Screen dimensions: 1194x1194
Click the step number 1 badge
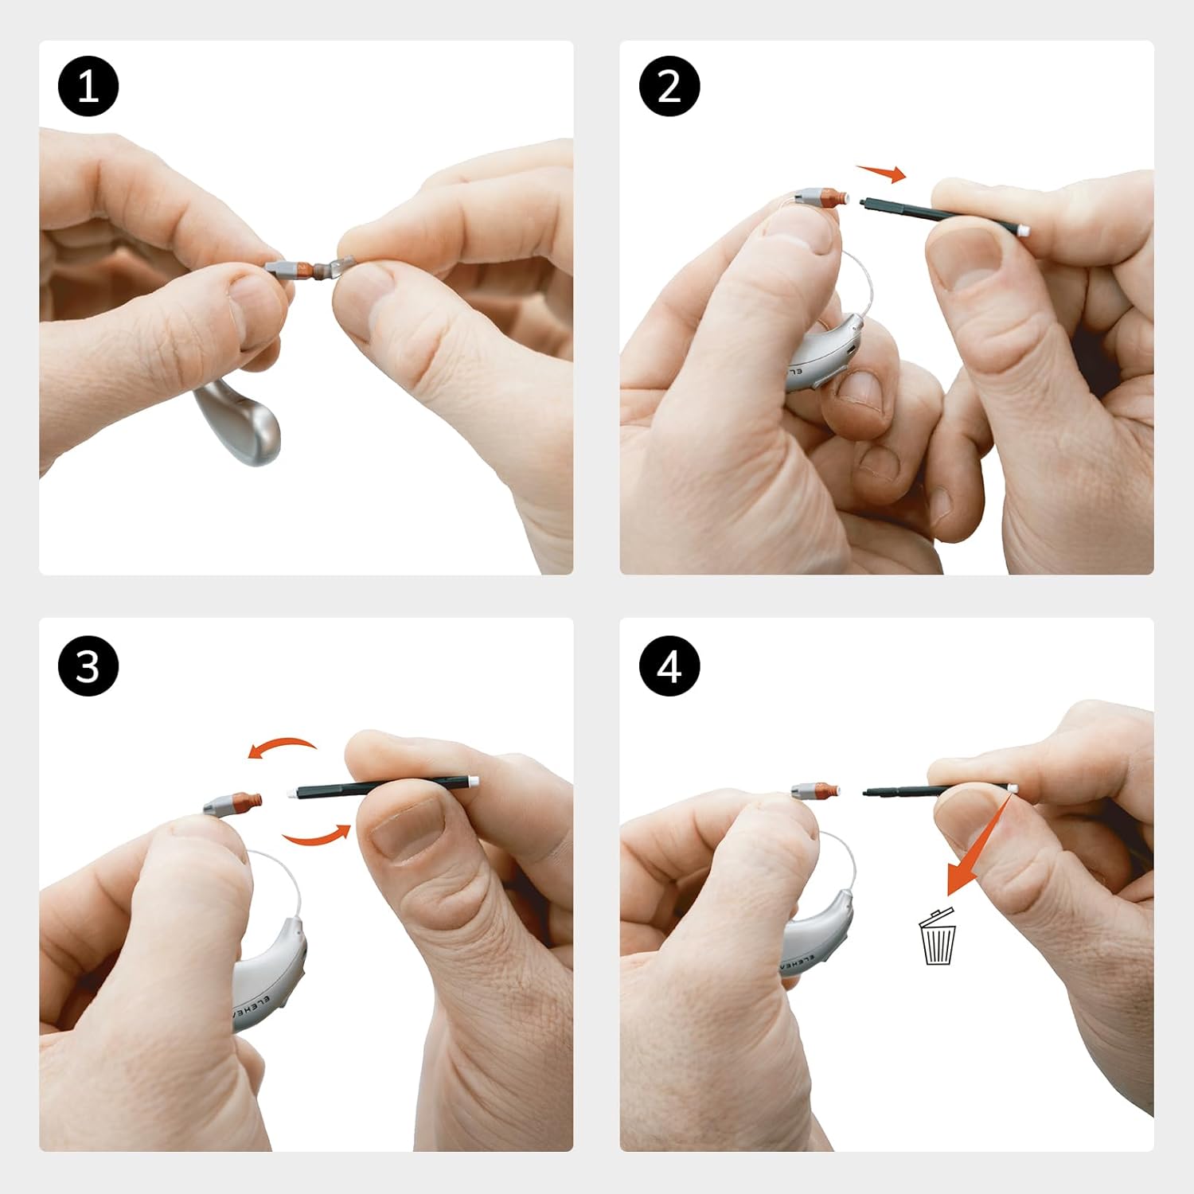[x=88, y=87]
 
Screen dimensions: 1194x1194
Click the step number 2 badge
[x=669, y=87]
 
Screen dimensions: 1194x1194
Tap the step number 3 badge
[x=88, y=666]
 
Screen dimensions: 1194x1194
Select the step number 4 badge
[x=669, y=666]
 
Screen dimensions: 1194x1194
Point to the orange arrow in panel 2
[x=882, y=173]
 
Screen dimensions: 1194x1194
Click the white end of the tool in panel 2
[x=1023, y=230]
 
